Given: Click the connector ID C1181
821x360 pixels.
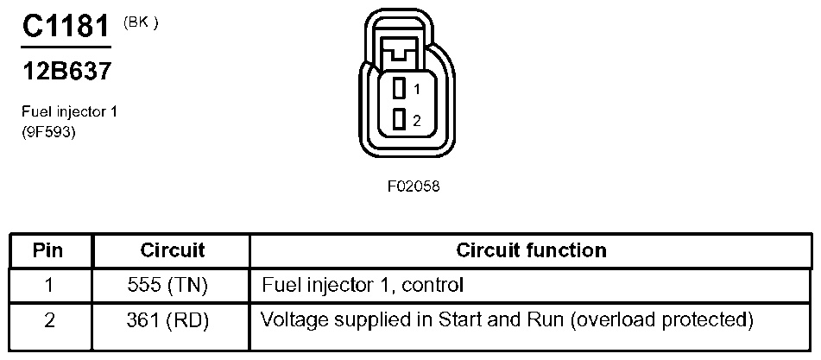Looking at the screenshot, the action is coord(66,26).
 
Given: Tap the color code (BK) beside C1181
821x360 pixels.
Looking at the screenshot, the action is coord(141,24).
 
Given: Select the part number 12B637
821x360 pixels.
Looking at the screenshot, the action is coord(66,71).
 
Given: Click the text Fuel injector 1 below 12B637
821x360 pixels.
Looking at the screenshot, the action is coord(69,112).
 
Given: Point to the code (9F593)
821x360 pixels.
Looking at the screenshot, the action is coord(48,132).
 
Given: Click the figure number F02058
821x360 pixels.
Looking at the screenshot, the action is coord(414,186).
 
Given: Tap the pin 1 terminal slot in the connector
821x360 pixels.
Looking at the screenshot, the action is coord(400,88).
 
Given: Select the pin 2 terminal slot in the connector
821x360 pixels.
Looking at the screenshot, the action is coord(400,120).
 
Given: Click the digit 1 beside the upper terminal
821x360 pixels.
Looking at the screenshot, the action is coord(416,90).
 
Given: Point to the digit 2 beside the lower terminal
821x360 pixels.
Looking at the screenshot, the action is coord(416,121).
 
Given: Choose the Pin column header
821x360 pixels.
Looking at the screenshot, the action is coord(47,250).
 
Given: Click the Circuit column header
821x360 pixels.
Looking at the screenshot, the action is coord(173,250).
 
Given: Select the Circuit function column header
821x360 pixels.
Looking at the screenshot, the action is coord(532,250).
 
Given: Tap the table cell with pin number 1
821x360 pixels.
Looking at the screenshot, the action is coord(50,286).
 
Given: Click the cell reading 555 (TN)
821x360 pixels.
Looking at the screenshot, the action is coord(167,286).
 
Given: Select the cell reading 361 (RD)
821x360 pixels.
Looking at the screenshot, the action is coord(167,321).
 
